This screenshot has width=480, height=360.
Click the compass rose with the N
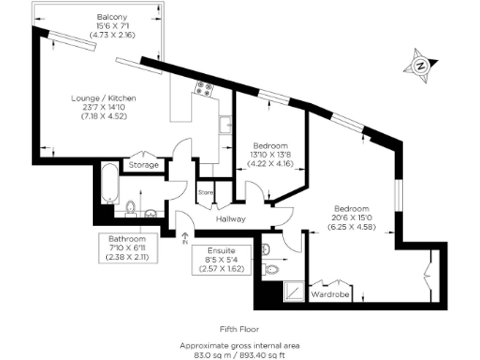(422, 66)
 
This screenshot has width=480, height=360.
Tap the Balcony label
(112, 18)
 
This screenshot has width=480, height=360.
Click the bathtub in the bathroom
(109, 186)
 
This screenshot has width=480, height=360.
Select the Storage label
(143, 165)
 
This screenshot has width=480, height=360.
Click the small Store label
(205, 191)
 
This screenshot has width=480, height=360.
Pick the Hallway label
(230, 219)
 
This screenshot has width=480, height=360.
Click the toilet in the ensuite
(271, 268)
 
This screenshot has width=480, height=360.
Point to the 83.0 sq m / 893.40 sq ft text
(239, 353)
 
